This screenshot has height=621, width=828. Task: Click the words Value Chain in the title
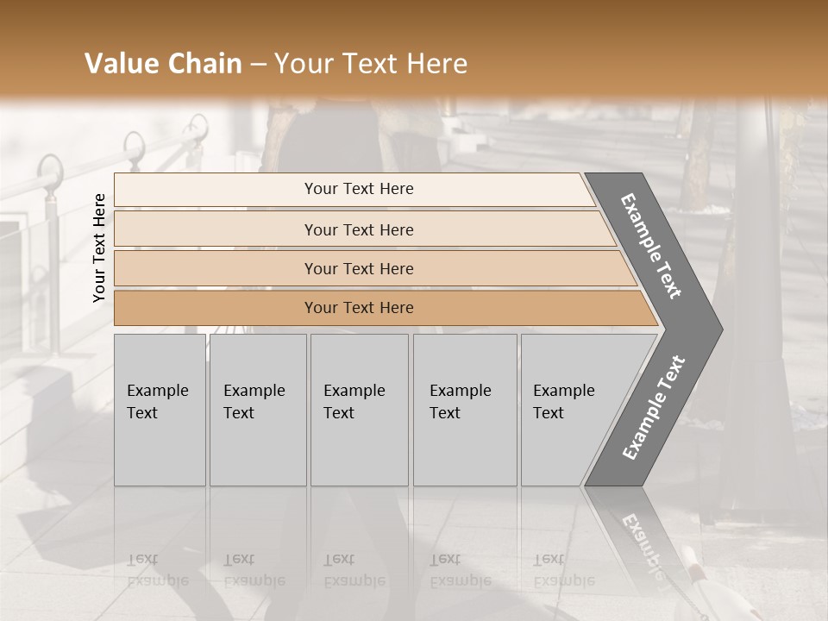pyautogui.click(x=163, y=64)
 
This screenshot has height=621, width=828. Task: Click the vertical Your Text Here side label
pyautogui.click(x=99, y=248)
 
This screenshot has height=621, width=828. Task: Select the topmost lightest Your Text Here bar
pyautogui.click(x=358, y=189)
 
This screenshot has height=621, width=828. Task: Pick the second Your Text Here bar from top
pyautogui.click(x=358, y=229)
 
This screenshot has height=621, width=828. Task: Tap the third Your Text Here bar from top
pyautogui.click(x=358, y=268)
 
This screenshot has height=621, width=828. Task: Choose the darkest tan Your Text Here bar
pyautogui.click(x=358, y=308)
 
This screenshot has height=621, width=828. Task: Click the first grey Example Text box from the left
pyautogui.click(x=160, y=409)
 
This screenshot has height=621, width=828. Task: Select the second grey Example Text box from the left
pyautogui.click(x=257, y=409)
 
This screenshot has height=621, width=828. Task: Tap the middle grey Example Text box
pyautogui.click(x=358, y=409)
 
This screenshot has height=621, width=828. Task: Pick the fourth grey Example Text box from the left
pyautogui.click(x=464, y=409)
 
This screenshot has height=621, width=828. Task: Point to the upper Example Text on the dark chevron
pyautogui.click(x=651, y=246)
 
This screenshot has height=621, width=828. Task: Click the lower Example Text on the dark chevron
pyautogui.click(x=654, y=408)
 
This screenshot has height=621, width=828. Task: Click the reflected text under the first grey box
pyautogui.click(x=157, y=570)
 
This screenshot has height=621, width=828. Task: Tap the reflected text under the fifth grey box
pyautogui.click(x=563, y=570)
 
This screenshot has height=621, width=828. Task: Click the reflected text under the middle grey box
pyautogui.click(x=354, y=570)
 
